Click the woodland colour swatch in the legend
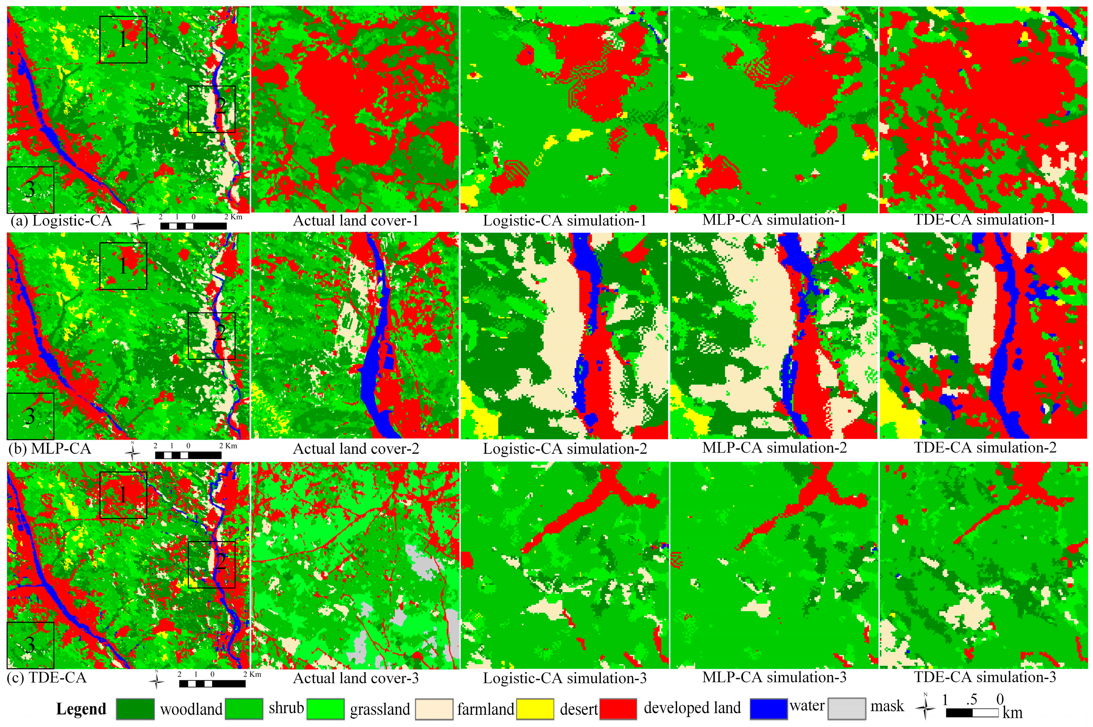[135, 709]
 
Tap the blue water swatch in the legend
[768, 709]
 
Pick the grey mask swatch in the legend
[847, 709]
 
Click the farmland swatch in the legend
[434, 709]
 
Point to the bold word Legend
[81, 709]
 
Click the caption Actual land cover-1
[356, 221]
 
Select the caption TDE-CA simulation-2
[985, 448]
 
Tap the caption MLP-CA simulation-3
[774, 677]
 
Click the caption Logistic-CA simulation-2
[565, 449]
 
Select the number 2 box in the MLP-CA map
[212, 336]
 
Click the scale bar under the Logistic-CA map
[193, 226]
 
